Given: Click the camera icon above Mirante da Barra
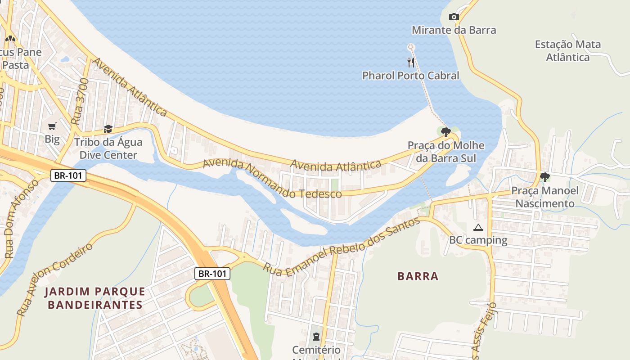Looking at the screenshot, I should coord(454,17).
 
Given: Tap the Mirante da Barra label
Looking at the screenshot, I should coord(454,30).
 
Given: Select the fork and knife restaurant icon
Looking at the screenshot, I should coord(410,62).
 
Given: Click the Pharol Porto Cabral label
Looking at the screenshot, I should coord(410,76).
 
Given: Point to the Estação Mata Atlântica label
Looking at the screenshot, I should coord(567,51).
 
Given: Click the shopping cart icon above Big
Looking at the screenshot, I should coord(52,126).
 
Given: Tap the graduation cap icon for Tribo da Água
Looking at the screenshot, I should coord(108,129).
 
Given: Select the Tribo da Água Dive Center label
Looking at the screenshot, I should coord(108,149).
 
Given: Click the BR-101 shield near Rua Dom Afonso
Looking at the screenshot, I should coord(68,175).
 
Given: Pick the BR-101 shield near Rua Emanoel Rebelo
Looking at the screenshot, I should coord(213,273).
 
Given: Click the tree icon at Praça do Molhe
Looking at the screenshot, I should coord(445,132).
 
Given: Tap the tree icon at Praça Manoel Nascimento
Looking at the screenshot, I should coord(544,177).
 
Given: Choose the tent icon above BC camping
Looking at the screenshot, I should coord(478,228).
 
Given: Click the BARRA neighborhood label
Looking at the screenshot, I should coord(418,276).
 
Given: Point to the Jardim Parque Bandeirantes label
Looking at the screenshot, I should coord(95,298).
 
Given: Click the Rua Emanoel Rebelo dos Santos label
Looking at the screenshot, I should coord(342,247).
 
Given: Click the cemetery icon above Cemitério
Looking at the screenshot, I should coord(316,337).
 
